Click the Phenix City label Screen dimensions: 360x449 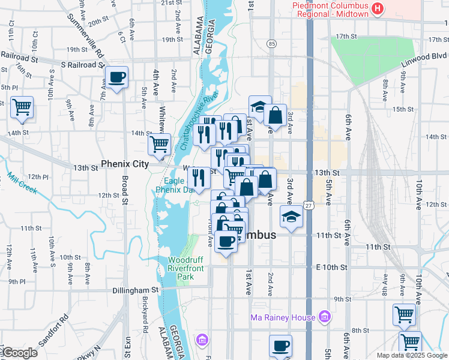click(124, 164)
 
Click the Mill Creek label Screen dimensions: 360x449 click(22, 184)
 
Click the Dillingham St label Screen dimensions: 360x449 click(136, 290)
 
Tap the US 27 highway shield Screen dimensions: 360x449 click(308, 206)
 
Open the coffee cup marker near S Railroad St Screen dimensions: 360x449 click(116, 77)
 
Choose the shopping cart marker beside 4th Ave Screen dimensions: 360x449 click(159, 144)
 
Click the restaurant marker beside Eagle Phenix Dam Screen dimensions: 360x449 click(198, 177)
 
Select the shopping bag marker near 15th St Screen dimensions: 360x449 click(275, 115)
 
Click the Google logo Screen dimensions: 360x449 click(20, 353)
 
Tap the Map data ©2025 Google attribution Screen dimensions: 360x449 click(411, 355)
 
